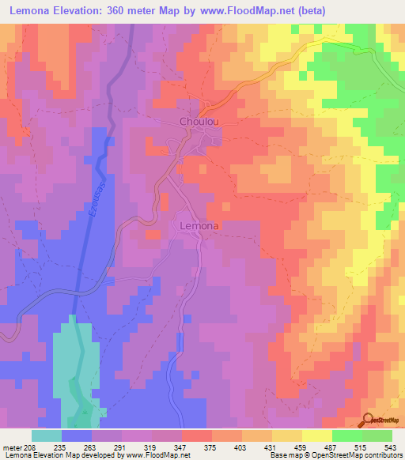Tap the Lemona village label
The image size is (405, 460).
coord(199,225)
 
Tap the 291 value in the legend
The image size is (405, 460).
coord(123,447)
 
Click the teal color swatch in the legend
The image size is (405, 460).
coord(47,435)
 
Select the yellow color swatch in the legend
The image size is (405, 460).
coord(316,435)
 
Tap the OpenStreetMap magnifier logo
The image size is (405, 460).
coord(367,420)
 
